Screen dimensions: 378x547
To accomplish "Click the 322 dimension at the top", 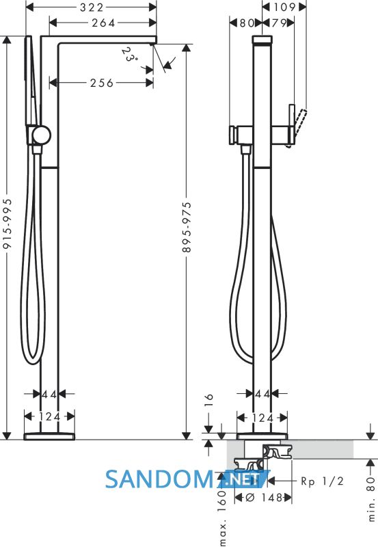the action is [x=92, y=8].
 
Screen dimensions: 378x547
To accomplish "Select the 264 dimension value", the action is [x=103, y=23].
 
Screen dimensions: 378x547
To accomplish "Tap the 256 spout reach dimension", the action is [x=102, y=83].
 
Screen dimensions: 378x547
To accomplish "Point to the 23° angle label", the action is [x=130, y=55].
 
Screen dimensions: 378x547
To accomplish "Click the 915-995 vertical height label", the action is [x=8, y=224].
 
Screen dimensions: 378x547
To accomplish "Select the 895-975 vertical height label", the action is [x=187, y=227].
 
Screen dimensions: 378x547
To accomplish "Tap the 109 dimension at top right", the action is [x=284, y=7].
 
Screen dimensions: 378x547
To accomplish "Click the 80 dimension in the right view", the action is [x=247, y=23].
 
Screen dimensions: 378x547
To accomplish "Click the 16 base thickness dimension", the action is [x=208, y=399].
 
